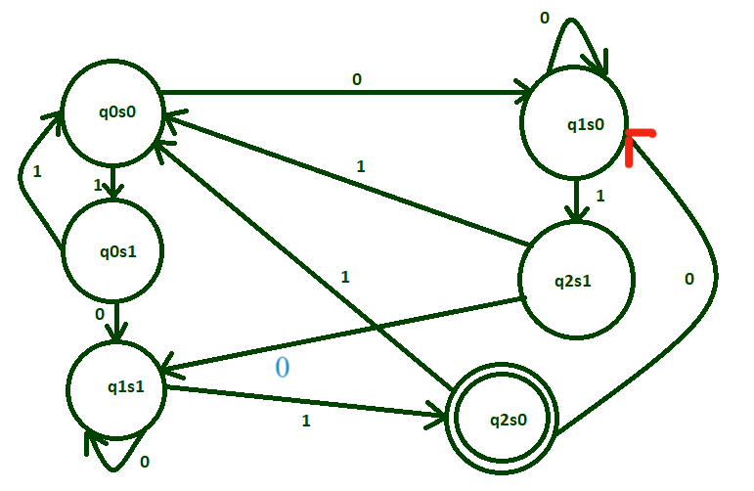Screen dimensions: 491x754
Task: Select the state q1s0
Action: (x=575, y=123)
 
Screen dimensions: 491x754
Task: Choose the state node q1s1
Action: (x=116, y=384)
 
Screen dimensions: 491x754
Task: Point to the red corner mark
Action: (x=637, y=142)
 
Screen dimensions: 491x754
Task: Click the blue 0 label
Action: (x=282, y=368)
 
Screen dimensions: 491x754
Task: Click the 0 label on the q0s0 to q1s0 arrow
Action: (x=356, y=79)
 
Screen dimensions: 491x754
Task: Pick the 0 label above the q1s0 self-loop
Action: (x=545, y=17)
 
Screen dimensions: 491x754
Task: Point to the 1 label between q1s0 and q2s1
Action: (x=599, y=196)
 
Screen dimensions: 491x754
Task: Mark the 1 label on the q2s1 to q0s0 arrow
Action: (x=360, y=166)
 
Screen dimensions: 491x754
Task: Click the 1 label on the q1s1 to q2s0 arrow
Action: (x=305, y=421)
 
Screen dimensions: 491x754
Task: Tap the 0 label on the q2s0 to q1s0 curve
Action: (x=688, y=279)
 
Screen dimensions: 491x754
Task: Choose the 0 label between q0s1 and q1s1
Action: (x=99, y=314)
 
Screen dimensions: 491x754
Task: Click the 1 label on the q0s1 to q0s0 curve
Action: (x=37, y=172)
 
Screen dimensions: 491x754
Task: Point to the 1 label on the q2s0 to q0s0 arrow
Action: (x=344, y=277)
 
